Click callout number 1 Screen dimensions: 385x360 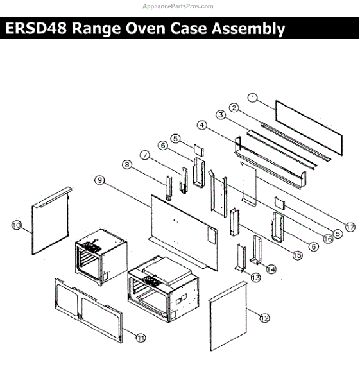(x=253, y=98)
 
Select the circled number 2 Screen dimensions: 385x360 (x=235, y=107)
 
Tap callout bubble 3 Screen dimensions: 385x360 (x=219, y=116)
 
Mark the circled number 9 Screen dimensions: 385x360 (x=99, y=180)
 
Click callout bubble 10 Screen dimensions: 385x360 (x=17, y=225)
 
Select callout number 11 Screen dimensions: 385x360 (x=141, y=336)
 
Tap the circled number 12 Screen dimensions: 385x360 (x=264, y=316)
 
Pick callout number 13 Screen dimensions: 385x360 (x=255, y=277)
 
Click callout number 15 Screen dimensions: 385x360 (x=297, y=255)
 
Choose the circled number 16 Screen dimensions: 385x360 (x=329, y=238)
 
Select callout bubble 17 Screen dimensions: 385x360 (x=350, y=227)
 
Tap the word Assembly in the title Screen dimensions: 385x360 (x=247, y=29)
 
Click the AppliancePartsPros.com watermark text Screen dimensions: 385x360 (x=177, y=6)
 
